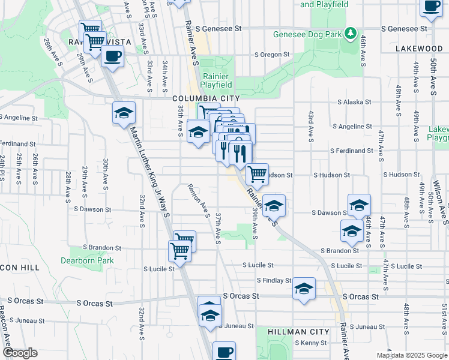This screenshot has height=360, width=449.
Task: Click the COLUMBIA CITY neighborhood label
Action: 206,98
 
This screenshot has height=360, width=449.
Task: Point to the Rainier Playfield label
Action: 216,80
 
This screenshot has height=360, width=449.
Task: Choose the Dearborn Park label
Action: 87,260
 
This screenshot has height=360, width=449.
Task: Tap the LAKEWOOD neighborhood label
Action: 419,48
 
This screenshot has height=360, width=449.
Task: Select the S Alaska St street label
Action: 355,102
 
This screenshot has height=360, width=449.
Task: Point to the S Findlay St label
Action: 274,280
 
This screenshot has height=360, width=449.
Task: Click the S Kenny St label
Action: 310,343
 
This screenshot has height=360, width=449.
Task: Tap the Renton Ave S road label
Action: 199,201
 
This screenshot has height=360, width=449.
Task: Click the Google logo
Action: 20,353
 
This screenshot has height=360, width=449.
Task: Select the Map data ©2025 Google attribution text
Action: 411,355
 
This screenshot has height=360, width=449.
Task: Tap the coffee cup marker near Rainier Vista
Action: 112,56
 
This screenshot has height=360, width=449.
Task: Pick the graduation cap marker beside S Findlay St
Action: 304,289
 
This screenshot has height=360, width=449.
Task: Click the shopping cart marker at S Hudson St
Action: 258,174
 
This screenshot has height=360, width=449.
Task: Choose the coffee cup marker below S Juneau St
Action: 224,352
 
